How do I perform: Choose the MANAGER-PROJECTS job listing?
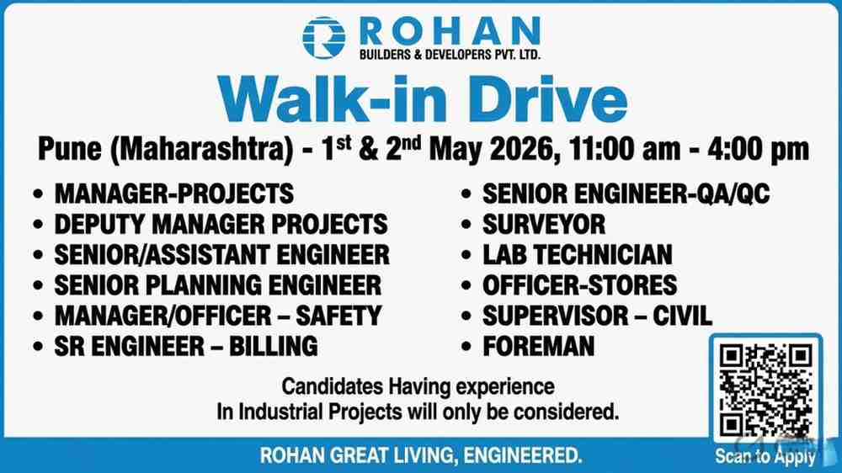point(173,194)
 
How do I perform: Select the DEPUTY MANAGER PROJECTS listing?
point(221,224)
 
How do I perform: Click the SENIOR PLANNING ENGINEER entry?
point(217,284)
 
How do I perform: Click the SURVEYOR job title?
point(543,224)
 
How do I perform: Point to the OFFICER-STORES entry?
point(579,284)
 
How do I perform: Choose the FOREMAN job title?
point(538,346)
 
